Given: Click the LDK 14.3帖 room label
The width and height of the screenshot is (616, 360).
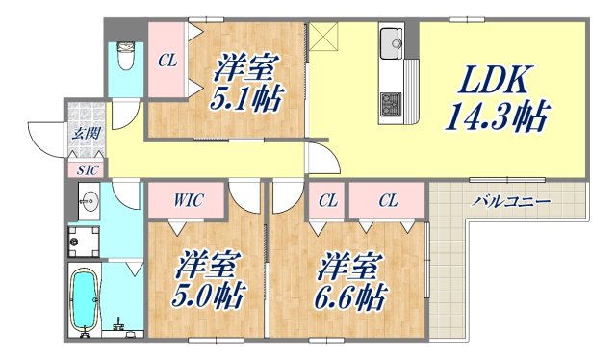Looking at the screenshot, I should (x=496, y=100).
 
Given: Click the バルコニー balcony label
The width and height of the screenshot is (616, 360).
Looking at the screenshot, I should (x=511, y=202).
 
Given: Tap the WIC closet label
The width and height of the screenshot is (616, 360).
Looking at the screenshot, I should (x=187, y=201).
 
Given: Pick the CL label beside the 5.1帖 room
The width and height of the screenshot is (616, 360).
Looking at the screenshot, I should (x=167, y=62).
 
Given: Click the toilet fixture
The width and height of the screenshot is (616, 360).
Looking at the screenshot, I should (x=125, y=55).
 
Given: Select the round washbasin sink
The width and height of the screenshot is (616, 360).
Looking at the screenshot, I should (x=90, y=203).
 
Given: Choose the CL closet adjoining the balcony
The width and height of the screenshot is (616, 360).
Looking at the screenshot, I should (x=388, y=201).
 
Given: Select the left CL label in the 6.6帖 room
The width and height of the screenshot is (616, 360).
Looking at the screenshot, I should (x=328, y=201).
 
